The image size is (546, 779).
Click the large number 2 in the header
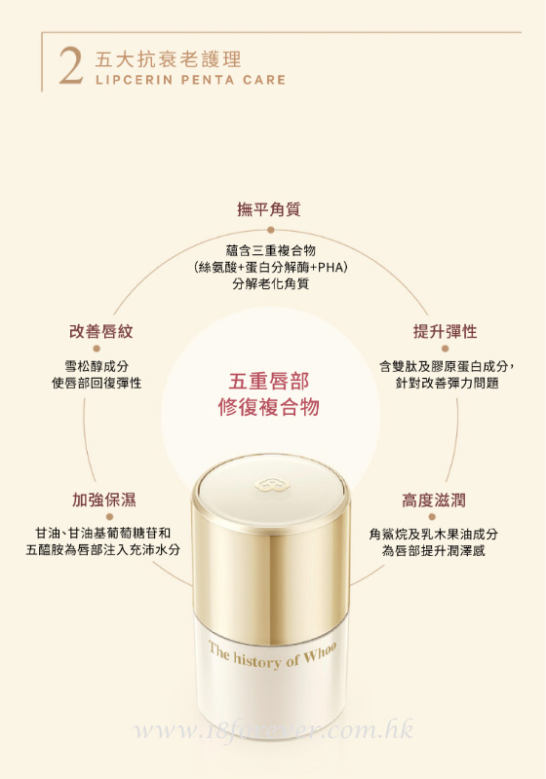(x=70, y=66)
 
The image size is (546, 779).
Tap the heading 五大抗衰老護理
(x=168, y=59)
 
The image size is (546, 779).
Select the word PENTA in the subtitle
(x=208, y=80)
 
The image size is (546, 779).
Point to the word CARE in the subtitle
(x=264, y=80)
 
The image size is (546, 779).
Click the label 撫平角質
(x=268, y=209)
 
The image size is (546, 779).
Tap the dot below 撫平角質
(x=270, y=230)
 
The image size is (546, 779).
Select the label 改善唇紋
(x=101, y=331)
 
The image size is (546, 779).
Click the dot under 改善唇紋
(x=97, y=349)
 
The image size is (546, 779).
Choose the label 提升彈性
(x=445, y=331)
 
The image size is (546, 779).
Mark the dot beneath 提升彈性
(x=445, y=349)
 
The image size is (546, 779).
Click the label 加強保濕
(x=104, y=500)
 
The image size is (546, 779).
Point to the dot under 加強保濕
(x=110, y=517)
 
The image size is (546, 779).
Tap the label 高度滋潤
(x=434, y=501)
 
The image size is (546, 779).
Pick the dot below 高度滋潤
(x=432, y=517)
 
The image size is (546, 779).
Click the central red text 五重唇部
(x=269, y=381)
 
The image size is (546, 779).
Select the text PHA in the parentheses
(x=331, y=267)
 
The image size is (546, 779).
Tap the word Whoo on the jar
(x=320, y=652)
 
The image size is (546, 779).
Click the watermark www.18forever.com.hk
(x=274, y=729)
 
